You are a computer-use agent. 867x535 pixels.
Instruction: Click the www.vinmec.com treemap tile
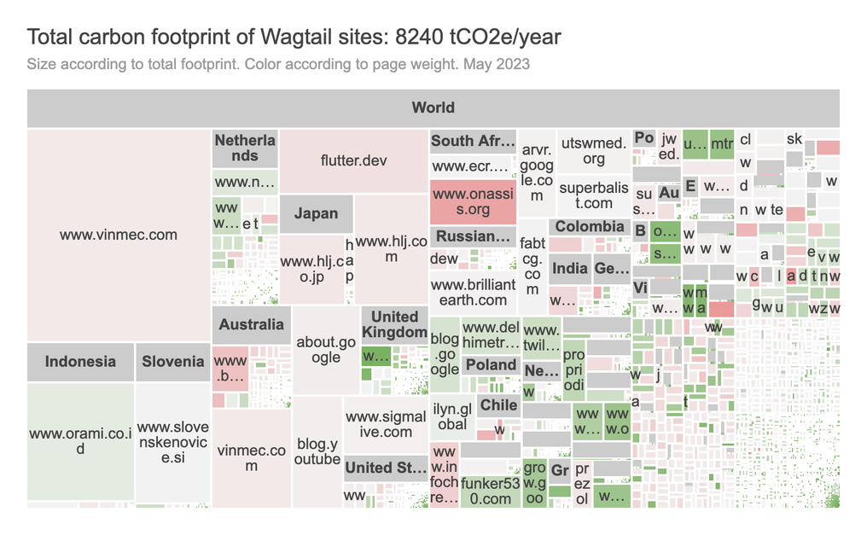tap(119, 235)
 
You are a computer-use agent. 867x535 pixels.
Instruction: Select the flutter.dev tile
tap(353, 160)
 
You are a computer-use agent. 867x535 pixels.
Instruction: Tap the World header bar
tap(433, 108)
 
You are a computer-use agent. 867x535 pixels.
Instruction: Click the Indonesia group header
tap(80, 362)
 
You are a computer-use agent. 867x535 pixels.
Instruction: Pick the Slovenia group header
tap(172, 362)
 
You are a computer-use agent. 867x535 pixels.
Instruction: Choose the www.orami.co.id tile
tap(80, 440)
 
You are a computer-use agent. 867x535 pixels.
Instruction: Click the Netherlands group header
tap(245, 148)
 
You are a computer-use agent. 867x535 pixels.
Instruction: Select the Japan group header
tap(316, 214)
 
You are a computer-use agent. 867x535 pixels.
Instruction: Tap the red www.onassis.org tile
tap(473, 201)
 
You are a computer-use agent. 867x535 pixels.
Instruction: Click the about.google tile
tap(325, 350)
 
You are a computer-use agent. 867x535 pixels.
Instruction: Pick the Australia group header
tap(251, 324)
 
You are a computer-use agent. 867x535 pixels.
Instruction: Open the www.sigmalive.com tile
tap(385, 424)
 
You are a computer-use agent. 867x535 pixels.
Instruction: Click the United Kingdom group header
tap(393, 324)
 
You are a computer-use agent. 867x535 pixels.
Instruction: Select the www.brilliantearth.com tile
tap(473, 292)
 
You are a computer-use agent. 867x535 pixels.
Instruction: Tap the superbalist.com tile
tap(593, 195)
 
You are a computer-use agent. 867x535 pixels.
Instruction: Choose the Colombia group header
tap(589, 227)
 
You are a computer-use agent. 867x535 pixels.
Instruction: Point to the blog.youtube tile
tap(317, 451)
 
